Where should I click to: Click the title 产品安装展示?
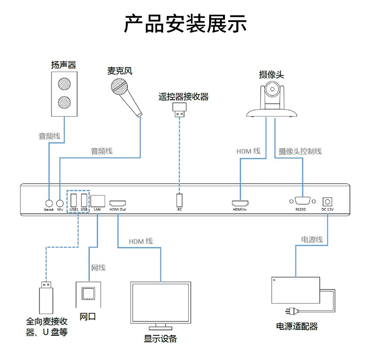(x=185, y=24)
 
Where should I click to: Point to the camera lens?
(x=273, y=89)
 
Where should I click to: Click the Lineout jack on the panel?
(x=49, y=202)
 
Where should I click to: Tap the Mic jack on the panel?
(x=60, y=202)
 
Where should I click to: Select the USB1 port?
(x=73, y=200)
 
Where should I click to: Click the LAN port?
(x=97, y=200)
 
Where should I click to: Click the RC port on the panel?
(x=180, y=200)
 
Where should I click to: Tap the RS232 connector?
(x=300, y=201)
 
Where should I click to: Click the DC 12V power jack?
(x=327, y=201)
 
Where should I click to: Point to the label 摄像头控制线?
(x=300, y=151)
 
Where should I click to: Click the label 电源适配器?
(x=297, y=326)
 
